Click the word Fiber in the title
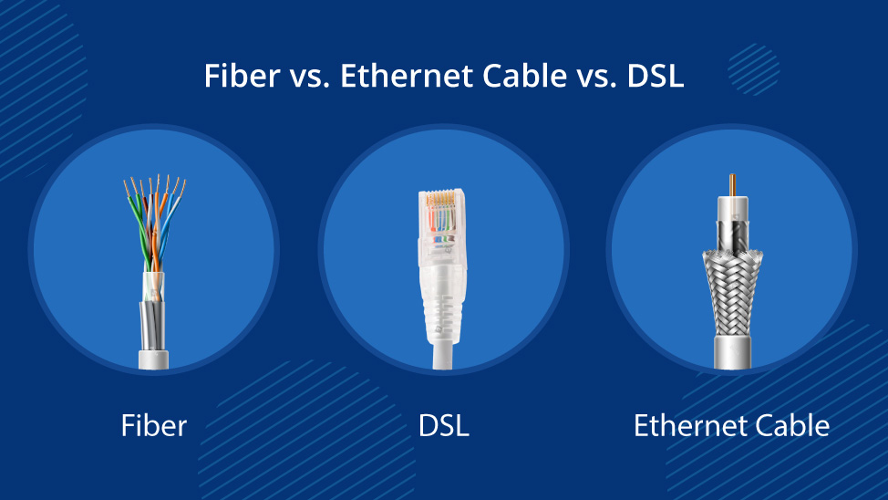[x=242, y=76]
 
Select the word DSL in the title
[x=656, y=76]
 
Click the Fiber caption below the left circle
[x=154, y=426]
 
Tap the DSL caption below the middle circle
[x=443, y=426]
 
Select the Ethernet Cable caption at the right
[x=731, y=426]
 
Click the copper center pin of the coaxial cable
[x=732, y=185]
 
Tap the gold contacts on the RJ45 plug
[x=441, y=199]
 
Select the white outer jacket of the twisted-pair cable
[x=153, y=360]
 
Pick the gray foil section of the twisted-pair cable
[x=152, y=326]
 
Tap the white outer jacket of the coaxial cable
[x=732, y=353]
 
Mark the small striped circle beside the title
[x=753, y=69]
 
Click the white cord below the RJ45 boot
[x=443, y=356]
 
